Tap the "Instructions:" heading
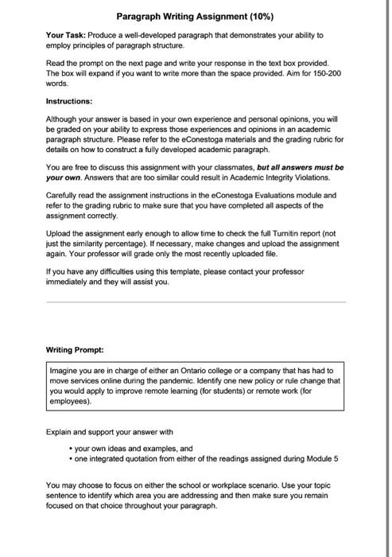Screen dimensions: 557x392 [69, 102]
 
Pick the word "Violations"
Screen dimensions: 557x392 [322, 178]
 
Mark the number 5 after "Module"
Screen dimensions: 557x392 [337, 459]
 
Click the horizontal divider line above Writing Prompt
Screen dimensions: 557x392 [196, 303]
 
